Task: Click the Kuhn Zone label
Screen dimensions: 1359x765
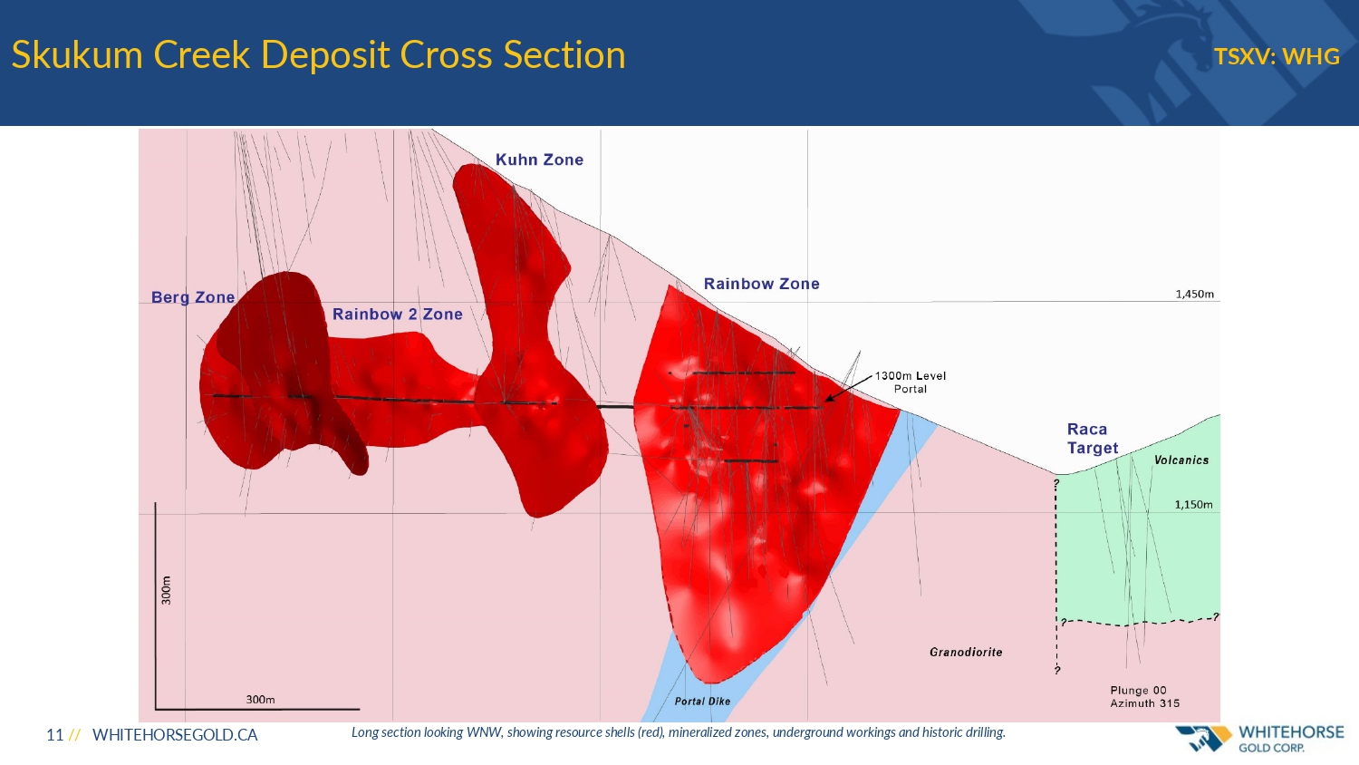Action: pos(539,160)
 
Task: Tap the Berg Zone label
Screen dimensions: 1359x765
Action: pos(193,297)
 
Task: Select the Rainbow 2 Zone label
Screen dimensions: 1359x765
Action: pos(398,314)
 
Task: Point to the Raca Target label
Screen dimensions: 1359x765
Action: pos(1093,439)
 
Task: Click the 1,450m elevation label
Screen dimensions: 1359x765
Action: pos(1195,294)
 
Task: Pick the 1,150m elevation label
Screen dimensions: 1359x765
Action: pos(1193,505)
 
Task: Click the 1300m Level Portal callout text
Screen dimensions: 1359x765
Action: pos(910,382)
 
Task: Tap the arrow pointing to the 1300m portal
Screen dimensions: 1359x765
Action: pos(848,389)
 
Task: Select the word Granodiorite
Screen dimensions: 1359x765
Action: pos(966,652)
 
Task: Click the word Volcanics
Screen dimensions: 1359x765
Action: pos(1181,460)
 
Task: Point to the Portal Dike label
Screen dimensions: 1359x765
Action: pos(702,702)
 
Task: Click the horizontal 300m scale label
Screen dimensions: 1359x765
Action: pos(260,700)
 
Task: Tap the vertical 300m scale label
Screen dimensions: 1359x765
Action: pos(166,590)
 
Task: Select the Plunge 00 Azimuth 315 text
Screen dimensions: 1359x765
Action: pos(1145,697)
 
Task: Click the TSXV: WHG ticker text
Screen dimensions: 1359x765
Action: pos(1277,56)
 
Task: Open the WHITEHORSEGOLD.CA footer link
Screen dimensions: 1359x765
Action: pos(175,735)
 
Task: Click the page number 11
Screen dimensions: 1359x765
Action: pos(54,735)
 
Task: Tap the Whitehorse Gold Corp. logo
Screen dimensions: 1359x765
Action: pos(1259,739)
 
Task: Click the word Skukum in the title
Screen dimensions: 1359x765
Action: pos(77,54)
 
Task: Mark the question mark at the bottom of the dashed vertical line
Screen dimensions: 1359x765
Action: pos(1057,671)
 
